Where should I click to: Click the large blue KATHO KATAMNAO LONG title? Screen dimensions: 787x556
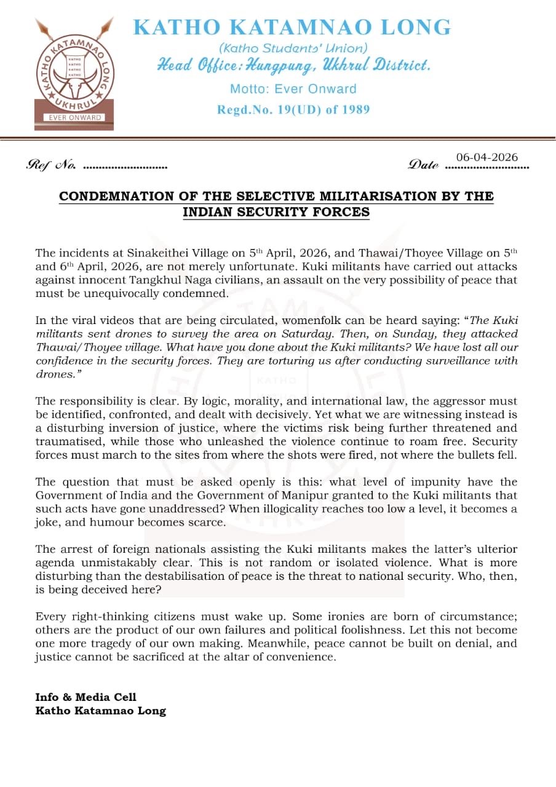pos(292,28)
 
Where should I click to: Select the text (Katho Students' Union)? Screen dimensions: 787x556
pos(293,48)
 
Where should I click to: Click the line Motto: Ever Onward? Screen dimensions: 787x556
pos(293,89)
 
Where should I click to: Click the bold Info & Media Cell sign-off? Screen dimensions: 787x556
pos(86,697)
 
